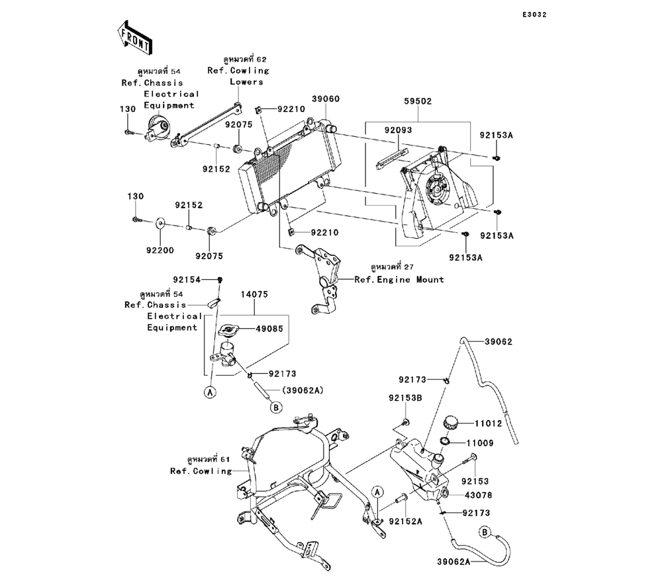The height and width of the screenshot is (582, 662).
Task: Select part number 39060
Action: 326,99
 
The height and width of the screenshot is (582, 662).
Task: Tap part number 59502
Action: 418,103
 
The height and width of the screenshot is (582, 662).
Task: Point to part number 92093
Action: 399,130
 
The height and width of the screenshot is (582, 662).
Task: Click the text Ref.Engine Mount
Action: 399,280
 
